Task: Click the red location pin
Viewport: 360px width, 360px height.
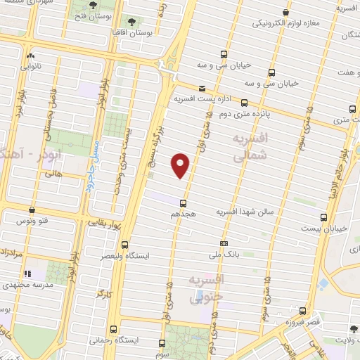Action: coord(181,165)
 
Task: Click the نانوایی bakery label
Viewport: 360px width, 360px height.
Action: coord(30,67)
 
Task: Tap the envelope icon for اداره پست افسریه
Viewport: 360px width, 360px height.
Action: coord(202,89)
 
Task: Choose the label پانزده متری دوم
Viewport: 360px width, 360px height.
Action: coord(245,111)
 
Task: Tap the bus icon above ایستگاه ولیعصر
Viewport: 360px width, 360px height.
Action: coord(124,245)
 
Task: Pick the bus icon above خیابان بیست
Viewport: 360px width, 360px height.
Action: coord(323,217)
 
